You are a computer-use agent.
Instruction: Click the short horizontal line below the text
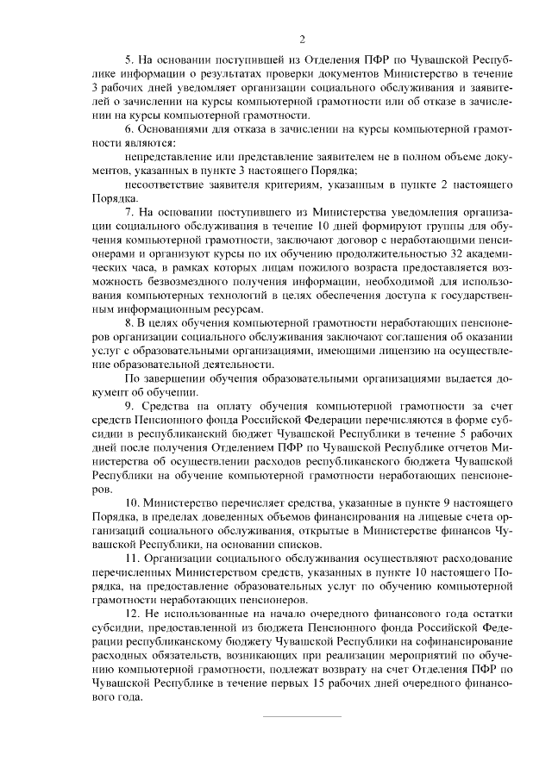tap(302, 717)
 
